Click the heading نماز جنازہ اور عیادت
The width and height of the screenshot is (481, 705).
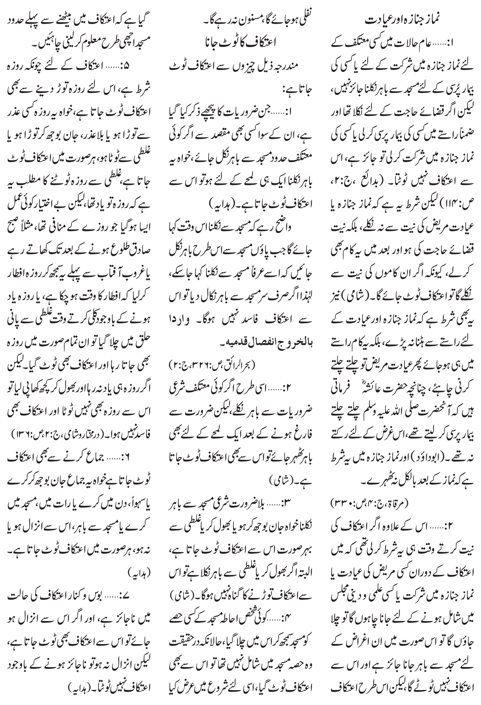403,21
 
